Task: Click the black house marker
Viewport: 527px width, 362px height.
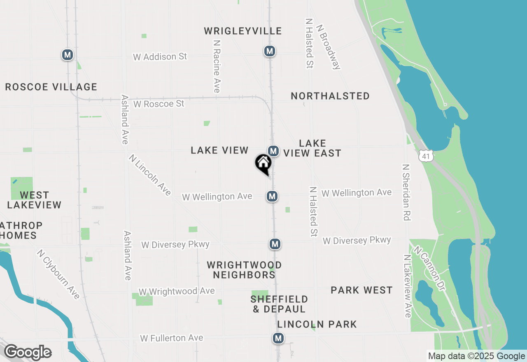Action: [x=263, y=163]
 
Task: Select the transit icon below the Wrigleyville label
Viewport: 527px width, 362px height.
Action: [x=270, y=51]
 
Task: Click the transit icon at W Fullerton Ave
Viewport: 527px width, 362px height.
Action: [x=278, y=339]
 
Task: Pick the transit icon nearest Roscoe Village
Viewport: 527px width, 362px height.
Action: [x=68, y=54]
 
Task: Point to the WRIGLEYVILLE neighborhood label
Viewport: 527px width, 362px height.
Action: [x=243, y=31]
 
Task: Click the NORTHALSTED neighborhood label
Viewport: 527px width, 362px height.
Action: [x=330, y=96]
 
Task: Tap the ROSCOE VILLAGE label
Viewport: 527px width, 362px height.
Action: [x=51, y=87]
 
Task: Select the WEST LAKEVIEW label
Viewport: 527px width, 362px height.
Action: [x=34, y=200]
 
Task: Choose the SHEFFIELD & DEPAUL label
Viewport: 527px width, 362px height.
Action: [x=279, y=304]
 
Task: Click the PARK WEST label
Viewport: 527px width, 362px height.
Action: [x=361, y=290]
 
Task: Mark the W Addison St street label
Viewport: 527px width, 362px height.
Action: [x=160, y=57]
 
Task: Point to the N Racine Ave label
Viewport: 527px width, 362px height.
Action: [x=217, y=66]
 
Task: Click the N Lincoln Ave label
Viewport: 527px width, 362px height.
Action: [x=149, y=175]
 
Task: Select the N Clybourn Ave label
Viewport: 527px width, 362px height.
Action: [x=58, y=274]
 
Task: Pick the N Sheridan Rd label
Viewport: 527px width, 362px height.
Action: [x=407, y=192]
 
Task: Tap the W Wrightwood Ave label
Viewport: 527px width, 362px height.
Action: [x=176, y=291]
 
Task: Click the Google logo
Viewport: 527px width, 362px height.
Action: [x=28, y=353]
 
